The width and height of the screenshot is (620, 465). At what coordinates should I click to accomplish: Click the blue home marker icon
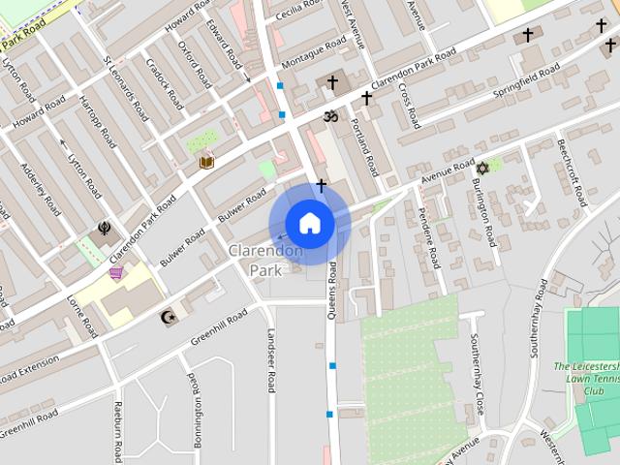[309, 223]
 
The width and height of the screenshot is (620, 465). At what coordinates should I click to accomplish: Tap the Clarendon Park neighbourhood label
[265, 261]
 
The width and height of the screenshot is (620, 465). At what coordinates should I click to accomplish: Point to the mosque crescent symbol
[168, 317]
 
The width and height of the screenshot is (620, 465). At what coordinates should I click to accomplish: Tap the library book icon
[206, 161]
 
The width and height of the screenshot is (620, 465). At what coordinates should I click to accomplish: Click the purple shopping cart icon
[117, 272]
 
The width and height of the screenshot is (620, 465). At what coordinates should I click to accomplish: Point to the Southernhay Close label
[476, 374]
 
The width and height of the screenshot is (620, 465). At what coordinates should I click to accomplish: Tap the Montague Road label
[313, 54]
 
